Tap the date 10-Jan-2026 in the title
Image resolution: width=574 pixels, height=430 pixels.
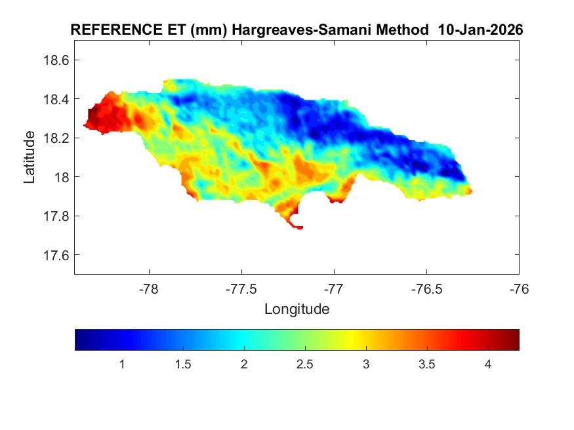(x=484, y=30)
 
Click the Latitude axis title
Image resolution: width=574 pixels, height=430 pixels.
(x=30, y=157)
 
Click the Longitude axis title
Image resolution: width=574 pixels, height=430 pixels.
(x=297, y=309)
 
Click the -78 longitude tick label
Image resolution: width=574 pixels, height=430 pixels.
(x=150, y=288)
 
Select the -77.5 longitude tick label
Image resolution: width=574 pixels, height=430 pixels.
(x=242, y=288)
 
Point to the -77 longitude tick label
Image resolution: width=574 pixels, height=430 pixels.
(x=335, y=288)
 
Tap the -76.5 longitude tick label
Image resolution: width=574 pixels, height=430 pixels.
(x=427, y=288)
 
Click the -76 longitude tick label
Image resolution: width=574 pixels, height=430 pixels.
(x=519, y=288)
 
